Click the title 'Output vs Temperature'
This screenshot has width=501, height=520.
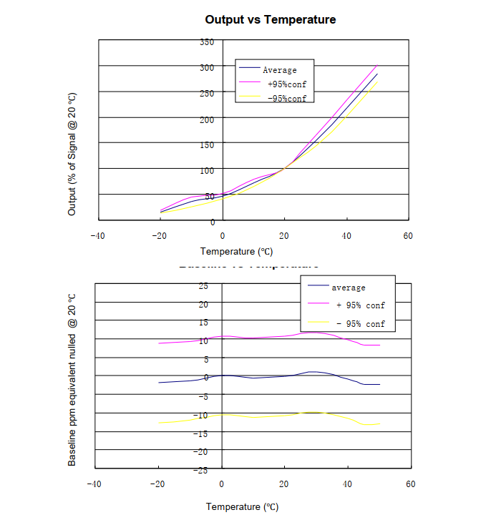[270, 19]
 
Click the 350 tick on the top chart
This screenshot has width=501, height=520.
[207, 42]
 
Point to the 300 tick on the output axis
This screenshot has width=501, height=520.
[207, 68]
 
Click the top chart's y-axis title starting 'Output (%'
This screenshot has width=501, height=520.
[72, 154]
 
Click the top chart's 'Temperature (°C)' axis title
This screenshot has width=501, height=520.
[236, 251]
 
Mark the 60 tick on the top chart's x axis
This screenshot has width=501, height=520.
[407, 236]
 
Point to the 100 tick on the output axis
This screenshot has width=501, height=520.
[207, 170]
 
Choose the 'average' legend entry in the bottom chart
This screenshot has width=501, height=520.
[348, 288]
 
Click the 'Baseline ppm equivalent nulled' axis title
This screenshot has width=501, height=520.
[72, 379]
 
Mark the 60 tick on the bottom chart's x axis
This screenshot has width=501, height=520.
[409, 484]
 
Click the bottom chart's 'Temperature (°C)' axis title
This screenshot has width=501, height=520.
[242, 506]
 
